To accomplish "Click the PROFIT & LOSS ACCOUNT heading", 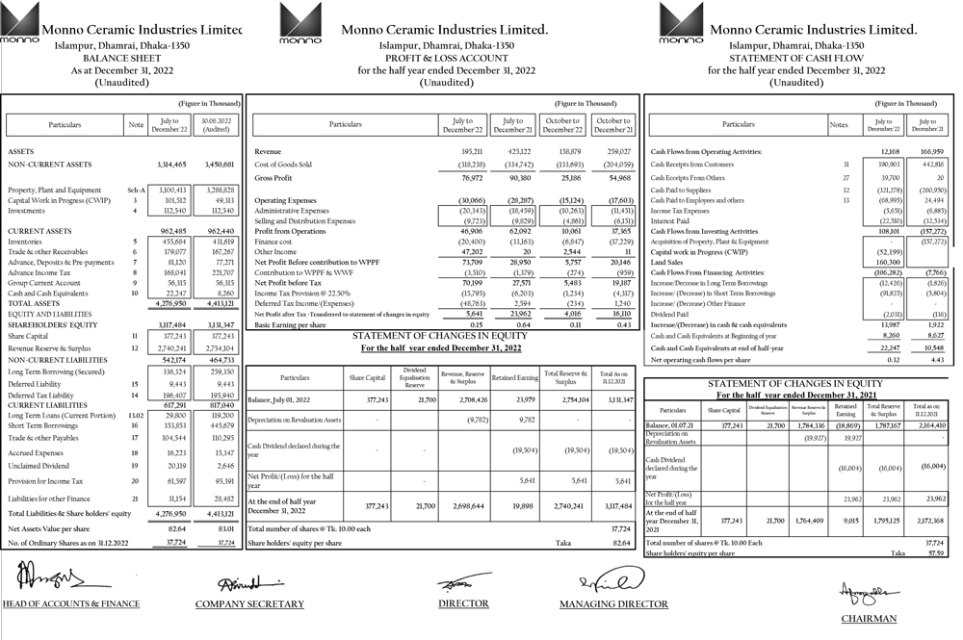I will click(446, 58).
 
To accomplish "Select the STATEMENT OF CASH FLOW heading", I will click(795, 58).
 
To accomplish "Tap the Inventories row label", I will click(26, 241).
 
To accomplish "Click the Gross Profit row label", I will click(274, 178).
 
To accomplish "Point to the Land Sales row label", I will click(667, 261).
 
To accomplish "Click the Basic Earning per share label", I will click(290, 325).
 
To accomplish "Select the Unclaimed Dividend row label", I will click(39, 465).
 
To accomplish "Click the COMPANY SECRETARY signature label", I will click(249, 604).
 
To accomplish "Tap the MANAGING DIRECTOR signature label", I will click(613, 604).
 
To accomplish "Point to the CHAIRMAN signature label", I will click(869, 619).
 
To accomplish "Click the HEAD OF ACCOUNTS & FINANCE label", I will click(71, 604).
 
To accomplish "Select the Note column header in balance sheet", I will click(136, 125).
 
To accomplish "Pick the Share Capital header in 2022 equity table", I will click(366, 377).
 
